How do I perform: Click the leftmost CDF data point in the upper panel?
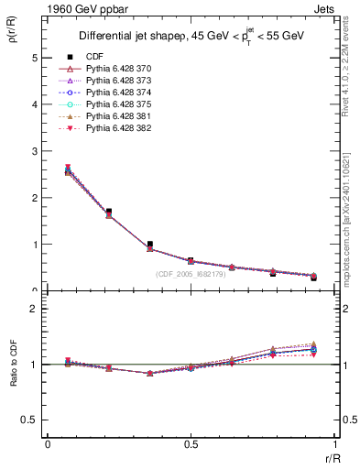pyautogui.click(x=68, y=170)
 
